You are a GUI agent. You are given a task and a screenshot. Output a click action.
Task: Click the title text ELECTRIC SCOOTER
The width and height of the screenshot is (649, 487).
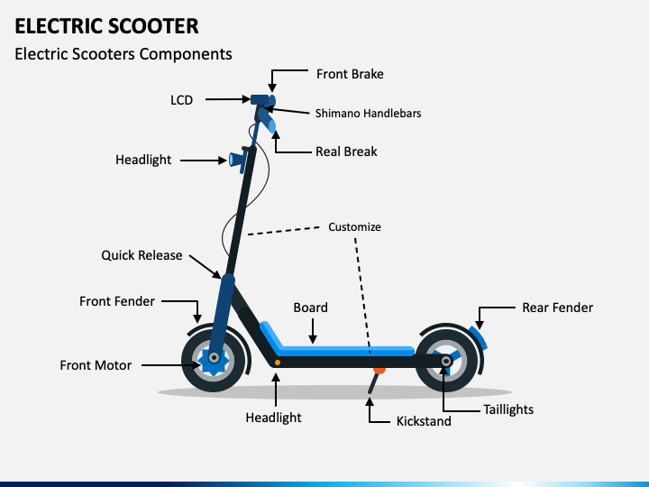click(x=106, y=26)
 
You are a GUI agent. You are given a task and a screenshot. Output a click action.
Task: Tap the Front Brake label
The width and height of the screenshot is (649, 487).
click(x=350, y=74)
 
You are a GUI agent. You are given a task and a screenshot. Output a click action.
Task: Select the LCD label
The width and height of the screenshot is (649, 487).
click(x=182, y=100)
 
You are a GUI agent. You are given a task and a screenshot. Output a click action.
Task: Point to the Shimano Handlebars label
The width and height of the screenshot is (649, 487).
click(x=368, y=114)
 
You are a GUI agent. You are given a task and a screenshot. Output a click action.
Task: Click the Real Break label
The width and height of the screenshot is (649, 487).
click(x=346, y=152)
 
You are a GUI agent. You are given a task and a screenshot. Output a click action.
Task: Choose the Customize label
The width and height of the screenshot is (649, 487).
click(x=354, y=227)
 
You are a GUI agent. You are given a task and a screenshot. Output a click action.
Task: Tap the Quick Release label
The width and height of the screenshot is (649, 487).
click(x=142, y=255)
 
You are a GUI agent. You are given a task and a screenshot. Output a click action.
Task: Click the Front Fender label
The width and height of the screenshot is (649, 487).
click(x=117, y=301)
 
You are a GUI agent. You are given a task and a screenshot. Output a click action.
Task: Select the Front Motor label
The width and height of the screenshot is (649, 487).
click(x=96, y=365)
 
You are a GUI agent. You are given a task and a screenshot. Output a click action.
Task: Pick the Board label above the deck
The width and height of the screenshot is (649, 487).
click(x=310, y=308)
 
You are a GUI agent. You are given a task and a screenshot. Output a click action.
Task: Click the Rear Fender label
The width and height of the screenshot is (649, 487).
click(x=558, y=308)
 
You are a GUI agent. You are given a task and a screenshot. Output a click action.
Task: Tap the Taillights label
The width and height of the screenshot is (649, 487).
click(x=508, y=409)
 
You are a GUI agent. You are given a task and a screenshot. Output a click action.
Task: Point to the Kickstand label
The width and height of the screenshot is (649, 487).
click(x=424, y=421)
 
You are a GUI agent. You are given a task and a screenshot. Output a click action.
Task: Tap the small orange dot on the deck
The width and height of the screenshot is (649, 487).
click(x=278, y=363)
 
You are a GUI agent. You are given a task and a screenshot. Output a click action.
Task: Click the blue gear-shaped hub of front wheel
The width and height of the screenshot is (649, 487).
click(x=213, y=360)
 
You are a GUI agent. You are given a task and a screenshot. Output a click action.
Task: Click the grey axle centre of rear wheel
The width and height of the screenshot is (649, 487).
click(x=446, y=361)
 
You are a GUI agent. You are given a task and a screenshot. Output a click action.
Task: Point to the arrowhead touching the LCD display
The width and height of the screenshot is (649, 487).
click(x=246, y=99)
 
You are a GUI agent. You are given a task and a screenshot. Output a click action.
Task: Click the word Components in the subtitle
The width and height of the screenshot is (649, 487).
click(x=186, y=54)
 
